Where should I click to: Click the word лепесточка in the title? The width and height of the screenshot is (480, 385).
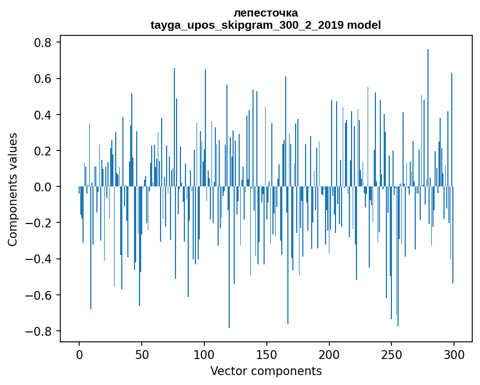coord(266,13)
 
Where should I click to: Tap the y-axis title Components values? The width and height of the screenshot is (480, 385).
coord(13,189)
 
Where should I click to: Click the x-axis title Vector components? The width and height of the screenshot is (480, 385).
coord(266,371)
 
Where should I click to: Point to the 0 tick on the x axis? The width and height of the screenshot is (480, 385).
coord(79,354)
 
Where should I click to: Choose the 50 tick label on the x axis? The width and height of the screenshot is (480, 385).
coord(142,354)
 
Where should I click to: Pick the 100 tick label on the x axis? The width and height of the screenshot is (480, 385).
coord(204,354)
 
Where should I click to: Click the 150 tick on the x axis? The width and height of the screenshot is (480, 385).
coord(267,354)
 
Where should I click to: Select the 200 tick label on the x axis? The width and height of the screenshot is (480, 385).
coord(329,354)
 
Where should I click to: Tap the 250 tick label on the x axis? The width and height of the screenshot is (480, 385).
coord(391,354)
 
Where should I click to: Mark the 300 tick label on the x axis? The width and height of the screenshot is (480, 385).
coord(454,354)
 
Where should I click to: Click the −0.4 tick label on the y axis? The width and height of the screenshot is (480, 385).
coord(40,259)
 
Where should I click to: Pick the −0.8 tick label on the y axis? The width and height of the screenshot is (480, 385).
coord(40,331)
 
